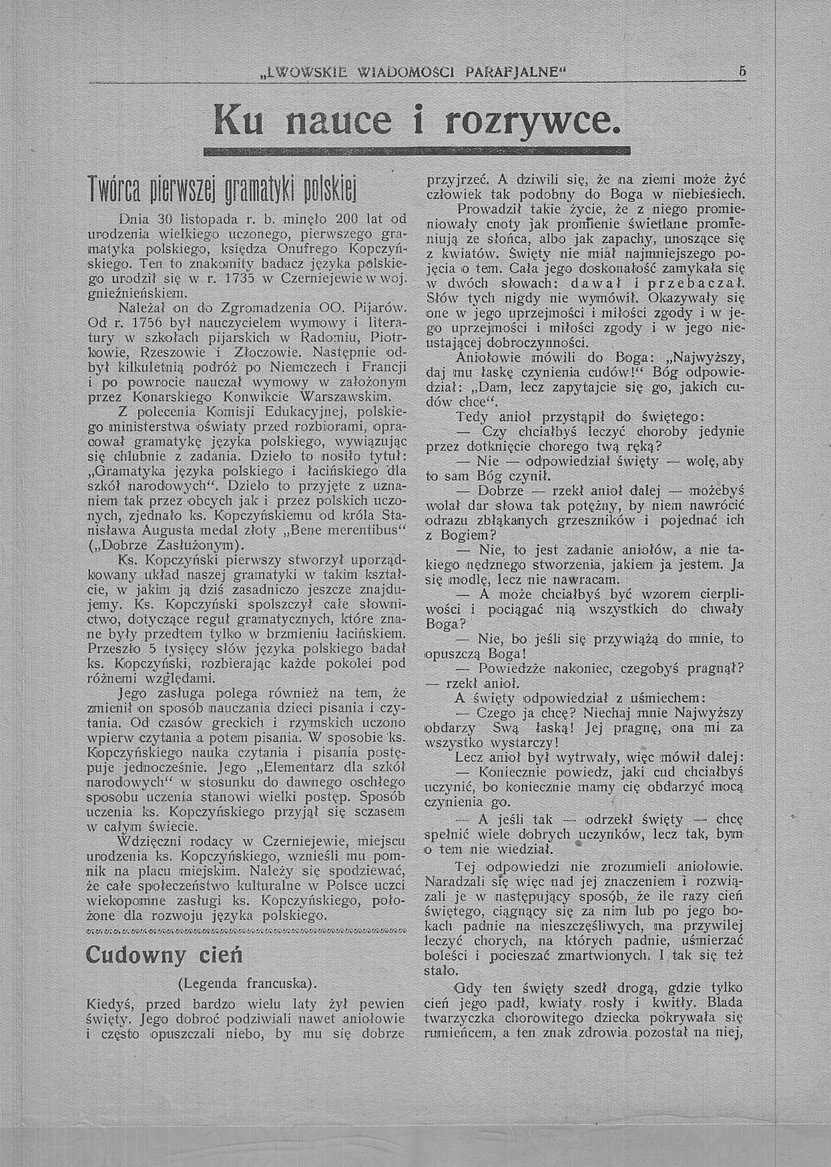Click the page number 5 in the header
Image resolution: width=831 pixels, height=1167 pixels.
(741, 72)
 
